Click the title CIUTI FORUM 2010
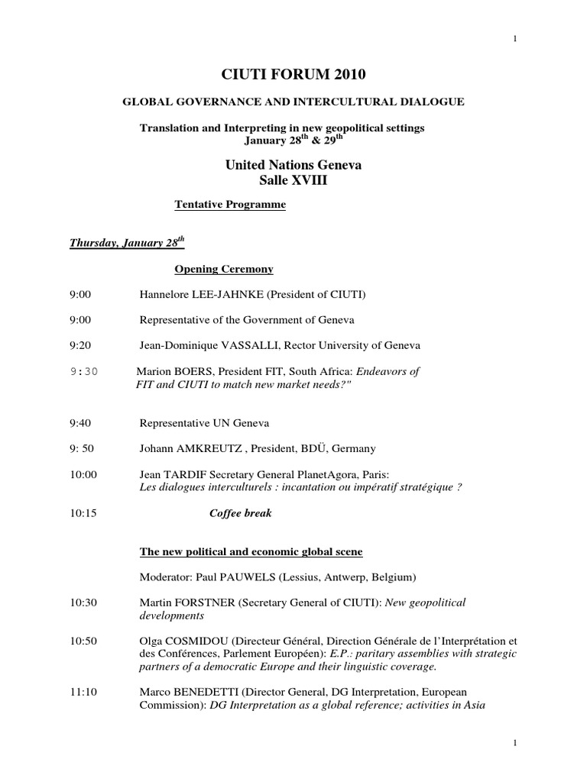pos(293,74)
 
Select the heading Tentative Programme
pos(230,205)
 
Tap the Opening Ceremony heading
pos(224,270)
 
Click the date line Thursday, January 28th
pos(127,243)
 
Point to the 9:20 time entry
pos(79,345)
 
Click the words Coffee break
pos(240,513)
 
